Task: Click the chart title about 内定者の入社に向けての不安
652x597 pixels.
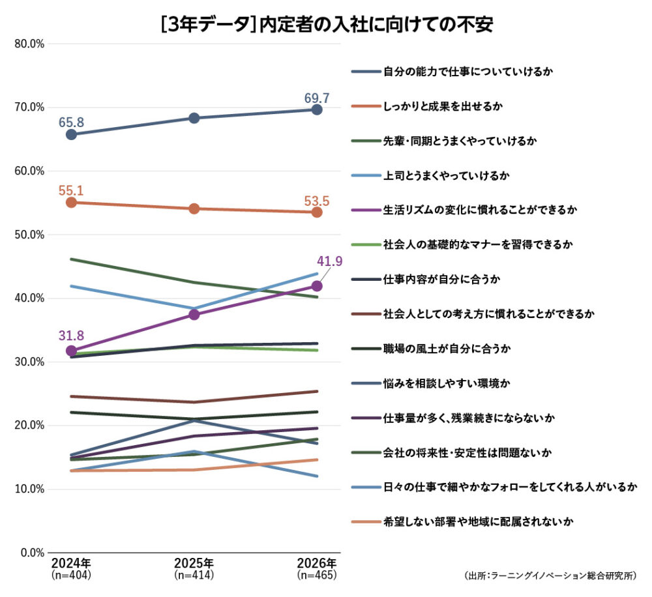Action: [327, 24]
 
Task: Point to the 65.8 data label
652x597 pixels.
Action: [71, 123]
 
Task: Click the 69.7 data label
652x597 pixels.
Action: [317, 98]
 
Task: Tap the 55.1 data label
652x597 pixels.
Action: [71, 190]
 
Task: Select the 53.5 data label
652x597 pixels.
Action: [317, 201]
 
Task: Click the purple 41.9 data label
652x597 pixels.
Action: [330, 261]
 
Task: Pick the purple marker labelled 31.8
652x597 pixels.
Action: [72, 351]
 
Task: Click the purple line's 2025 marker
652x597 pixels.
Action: [194, 315]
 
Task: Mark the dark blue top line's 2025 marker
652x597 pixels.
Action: [194, 118]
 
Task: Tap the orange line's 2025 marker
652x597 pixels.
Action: [194, 209]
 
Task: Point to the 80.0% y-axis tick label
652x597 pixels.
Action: [29, 44]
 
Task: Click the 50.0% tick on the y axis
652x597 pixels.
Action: [29, 235]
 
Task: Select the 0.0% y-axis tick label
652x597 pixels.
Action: [33, 553]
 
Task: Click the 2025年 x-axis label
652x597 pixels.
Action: [194, 563]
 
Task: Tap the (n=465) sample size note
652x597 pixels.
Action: [317, 575]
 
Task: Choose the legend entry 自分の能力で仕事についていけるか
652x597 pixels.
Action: [452, 72]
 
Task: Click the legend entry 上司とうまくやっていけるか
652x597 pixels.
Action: [430, 175]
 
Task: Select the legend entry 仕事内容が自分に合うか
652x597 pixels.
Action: [426, 279]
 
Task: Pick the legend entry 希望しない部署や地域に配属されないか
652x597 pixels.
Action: [462, 521]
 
